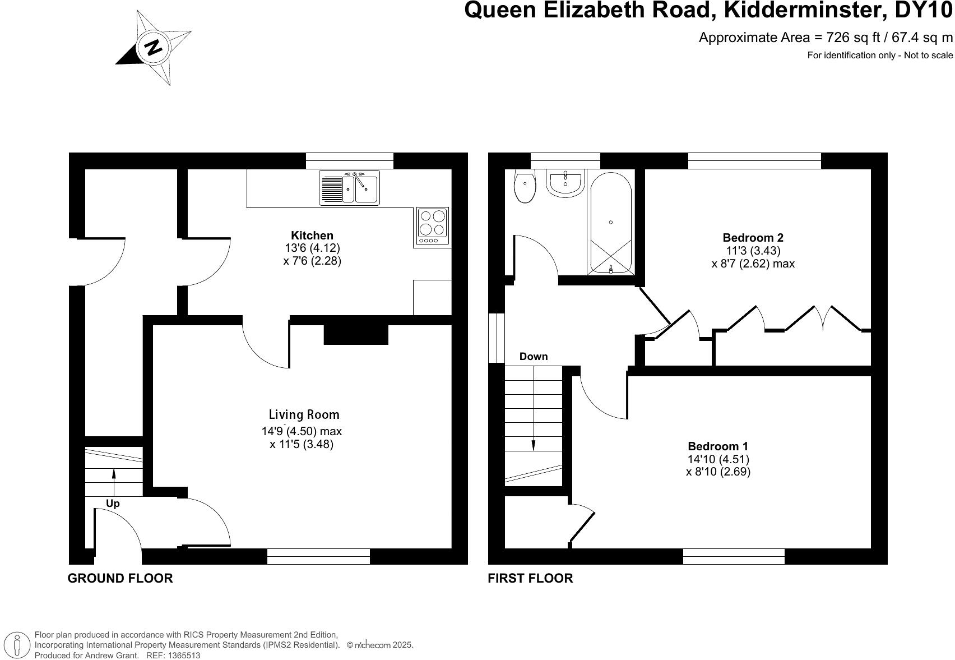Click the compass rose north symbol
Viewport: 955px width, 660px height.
point(154,47)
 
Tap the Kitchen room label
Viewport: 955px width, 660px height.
point(312,236)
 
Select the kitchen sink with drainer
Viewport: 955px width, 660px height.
point(349,187)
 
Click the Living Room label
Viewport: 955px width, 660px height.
point(304,415)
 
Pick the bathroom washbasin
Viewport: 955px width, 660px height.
point(565,183)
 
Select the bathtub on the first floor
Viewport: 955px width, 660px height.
point(610,223)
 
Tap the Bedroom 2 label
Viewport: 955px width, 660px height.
point(753,238)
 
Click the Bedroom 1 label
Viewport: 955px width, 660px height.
point(718,446)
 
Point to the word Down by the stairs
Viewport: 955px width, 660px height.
point(534,357)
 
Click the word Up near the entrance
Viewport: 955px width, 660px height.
point(113,504)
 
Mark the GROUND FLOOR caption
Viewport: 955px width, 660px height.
point(120,578)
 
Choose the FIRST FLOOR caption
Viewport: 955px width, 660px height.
point(530,578)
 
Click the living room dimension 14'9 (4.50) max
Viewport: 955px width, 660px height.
point(302,431)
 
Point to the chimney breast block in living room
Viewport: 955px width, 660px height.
point(356,335)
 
